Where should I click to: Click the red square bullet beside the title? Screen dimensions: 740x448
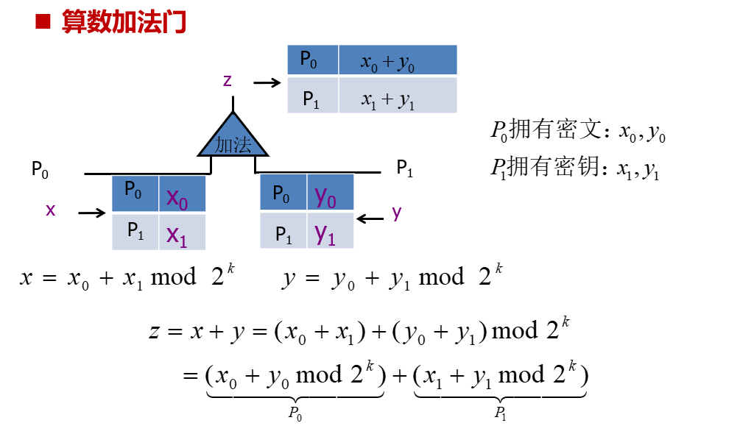(43, 22)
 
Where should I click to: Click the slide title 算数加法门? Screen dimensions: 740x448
(124, 22)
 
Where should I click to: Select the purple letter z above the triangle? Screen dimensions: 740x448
(228, 81)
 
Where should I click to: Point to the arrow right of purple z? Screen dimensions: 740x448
(267, 83)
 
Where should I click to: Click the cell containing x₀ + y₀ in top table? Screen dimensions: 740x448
(398, 62)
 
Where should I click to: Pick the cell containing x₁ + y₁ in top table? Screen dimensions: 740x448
(398, 97)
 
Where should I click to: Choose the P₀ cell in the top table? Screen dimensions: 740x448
(312, 61)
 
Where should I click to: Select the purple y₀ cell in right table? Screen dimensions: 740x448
(330, 193)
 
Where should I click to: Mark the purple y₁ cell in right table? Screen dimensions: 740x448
(330, 232)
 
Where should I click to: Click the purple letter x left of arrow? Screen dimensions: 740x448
(51, 210)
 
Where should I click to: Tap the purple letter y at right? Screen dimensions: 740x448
(397, 213)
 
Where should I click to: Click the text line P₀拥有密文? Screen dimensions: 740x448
(579, 132)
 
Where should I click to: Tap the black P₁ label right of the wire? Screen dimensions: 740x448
(405, 168)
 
